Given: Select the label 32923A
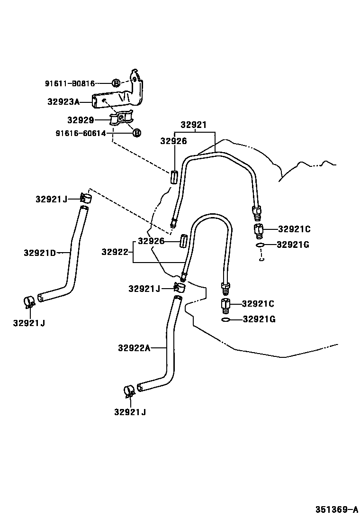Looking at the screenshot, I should [63, 101].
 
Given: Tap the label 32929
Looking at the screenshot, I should [80, 120].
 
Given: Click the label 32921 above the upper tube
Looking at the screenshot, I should [193, 125].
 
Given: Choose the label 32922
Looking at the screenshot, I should [115, 252].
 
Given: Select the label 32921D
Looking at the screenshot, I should [40, 253].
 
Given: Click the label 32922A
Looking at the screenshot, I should [134, 348].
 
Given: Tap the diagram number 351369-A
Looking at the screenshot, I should [337, 510].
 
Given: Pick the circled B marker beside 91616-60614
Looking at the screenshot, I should [136, 133].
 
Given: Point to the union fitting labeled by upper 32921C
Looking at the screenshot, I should [259, 231].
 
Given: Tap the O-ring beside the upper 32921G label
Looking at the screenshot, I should [260, 245].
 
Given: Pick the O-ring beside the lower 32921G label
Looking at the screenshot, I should [226, 320].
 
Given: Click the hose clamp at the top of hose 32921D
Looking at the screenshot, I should [86, 198].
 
